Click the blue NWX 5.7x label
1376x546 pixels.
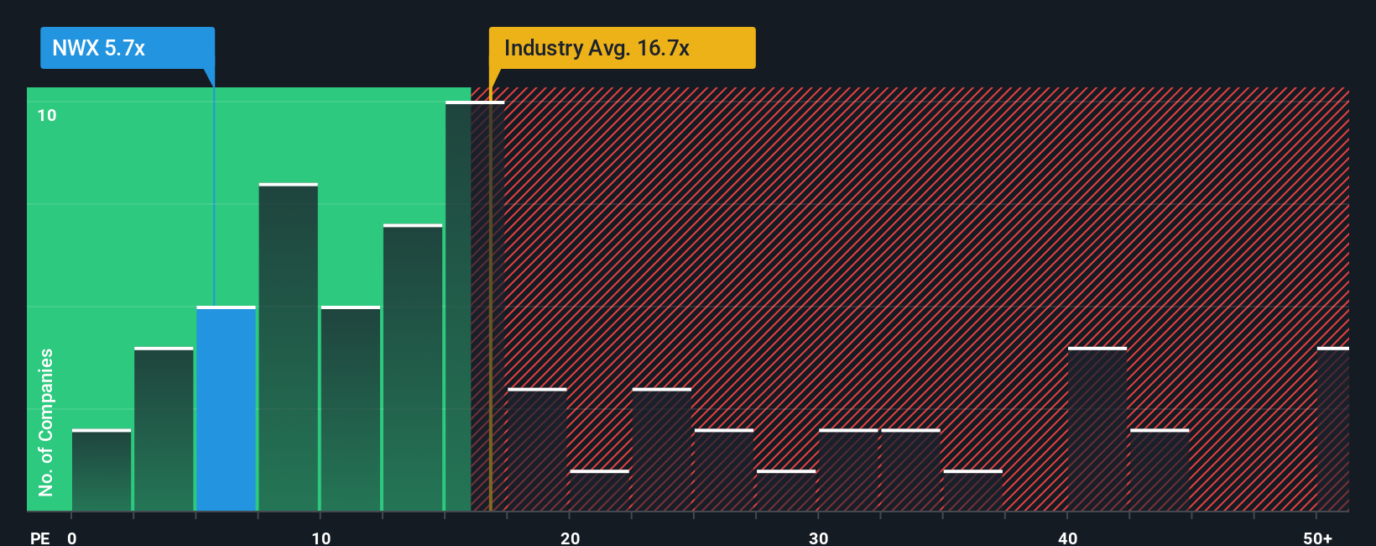128,48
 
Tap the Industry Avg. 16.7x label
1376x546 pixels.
622,48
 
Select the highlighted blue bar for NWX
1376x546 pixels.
226,409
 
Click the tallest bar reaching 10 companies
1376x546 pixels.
475,307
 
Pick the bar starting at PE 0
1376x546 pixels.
102,470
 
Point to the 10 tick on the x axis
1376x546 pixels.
321,538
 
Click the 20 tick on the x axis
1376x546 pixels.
570,538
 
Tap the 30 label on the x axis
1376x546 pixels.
818,538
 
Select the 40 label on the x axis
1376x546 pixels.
1067,538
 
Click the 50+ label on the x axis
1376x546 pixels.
1317,538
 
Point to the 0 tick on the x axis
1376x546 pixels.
72,538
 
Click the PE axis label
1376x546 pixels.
39,538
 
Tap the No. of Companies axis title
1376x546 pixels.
46,422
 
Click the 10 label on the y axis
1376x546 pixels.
47,115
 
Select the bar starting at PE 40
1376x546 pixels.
1097,429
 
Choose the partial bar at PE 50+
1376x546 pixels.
1333,429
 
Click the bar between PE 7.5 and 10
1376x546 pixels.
288,348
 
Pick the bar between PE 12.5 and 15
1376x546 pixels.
413,368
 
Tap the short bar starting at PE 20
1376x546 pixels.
599,491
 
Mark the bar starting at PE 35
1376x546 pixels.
972,491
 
